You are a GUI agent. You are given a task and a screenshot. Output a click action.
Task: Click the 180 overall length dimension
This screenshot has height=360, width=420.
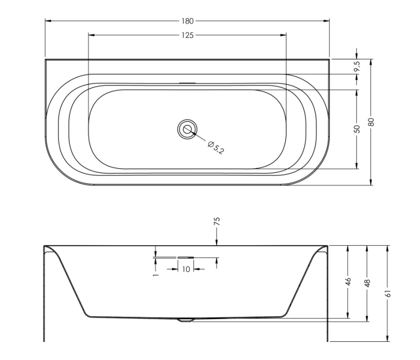click(x=187, y=21)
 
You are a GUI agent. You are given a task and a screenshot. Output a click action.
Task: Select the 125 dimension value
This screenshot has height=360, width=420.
click(x=187, y=35)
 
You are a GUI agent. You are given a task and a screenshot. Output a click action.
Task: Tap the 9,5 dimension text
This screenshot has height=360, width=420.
click(x=357, y=66)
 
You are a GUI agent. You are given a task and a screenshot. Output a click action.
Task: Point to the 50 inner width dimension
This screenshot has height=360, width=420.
click(x=357, y=129)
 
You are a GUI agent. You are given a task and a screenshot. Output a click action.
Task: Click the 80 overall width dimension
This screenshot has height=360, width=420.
click(x=371, y=122)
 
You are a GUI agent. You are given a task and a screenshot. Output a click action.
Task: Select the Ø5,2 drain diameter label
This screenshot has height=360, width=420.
click(x=216, y=147)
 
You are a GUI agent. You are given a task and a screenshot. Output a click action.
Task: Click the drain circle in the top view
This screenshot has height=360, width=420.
click(x=187, y=129)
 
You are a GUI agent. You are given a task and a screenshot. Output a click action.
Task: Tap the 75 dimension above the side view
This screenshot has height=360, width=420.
click(x=217, y=221)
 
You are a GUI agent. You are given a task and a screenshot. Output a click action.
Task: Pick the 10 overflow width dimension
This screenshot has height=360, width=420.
click(x=186, y=269)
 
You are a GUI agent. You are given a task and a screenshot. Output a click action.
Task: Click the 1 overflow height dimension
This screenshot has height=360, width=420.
click(x=156, y=275)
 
